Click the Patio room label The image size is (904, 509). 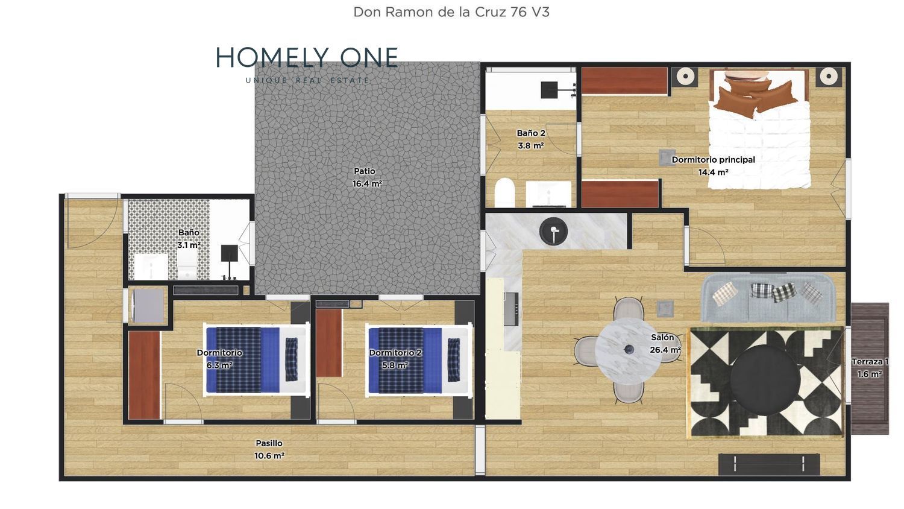(x=365, y=171)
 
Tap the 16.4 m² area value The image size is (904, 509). (x=367, y=184)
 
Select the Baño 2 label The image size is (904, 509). (x=531, y=133)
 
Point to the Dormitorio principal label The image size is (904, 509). (x=713, y=160)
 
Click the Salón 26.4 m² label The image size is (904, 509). (x=665, y=343)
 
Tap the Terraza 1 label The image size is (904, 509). (x=870, y=362)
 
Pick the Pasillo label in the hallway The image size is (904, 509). (x=269, y=443)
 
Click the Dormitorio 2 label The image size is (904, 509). (x=395, y=353)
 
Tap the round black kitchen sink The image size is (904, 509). (x=553, y=232)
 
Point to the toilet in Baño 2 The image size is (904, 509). (x=504, y=192)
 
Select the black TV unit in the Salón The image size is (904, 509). (x=769, y=464)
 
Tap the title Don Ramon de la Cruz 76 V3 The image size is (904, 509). (x=451, y=12)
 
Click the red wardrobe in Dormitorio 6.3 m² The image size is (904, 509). (x=144, y=375)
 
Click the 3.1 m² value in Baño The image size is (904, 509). (x=189, y=245)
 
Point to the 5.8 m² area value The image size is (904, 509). (x=395, y=365)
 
